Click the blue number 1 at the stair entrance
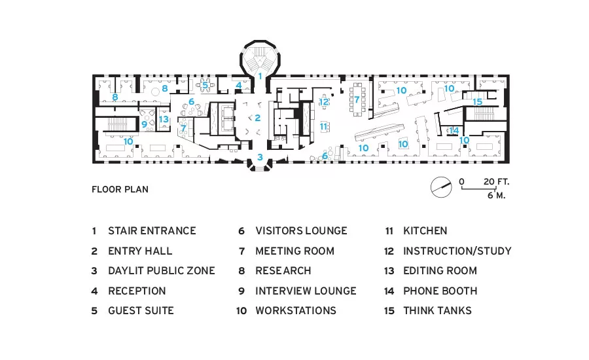[x=260, y=77]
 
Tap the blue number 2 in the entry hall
[x=258, y=118]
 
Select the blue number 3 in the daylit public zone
[x=260, y=158]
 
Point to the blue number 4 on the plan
[x=239, y=85]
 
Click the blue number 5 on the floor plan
[x=205, y=85]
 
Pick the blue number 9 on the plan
[x=144, y=124]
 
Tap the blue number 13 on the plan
[x=164, y=119]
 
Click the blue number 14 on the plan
[x=454, y=131]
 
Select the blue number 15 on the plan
[x=478, y=102]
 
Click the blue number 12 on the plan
[x=324, y=101]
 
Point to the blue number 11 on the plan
[x=323, y=126]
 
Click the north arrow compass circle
[x=441, y=187]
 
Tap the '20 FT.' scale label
[x=496, y=182]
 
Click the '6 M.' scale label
[x=496, y=196]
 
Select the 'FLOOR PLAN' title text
[x=120, y=189]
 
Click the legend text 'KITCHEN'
[x=425, y=231]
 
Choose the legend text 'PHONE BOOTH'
[x=440, y=291]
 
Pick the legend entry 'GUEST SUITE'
[x=141, y=311]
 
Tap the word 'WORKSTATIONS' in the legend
[x=296, y=311]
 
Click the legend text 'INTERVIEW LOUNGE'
[x=306, y=291]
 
